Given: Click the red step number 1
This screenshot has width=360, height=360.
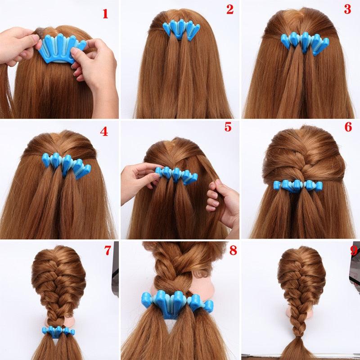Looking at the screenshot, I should (105, 13).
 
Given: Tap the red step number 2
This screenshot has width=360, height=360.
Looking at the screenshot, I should (230, 9).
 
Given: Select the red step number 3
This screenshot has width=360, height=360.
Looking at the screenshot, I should (347, 9).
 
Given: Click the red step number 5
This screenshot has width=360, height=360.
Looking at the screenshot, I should (228, 127).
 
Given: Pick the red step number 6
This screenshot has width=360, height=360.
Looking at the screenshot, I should (348, 127).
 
